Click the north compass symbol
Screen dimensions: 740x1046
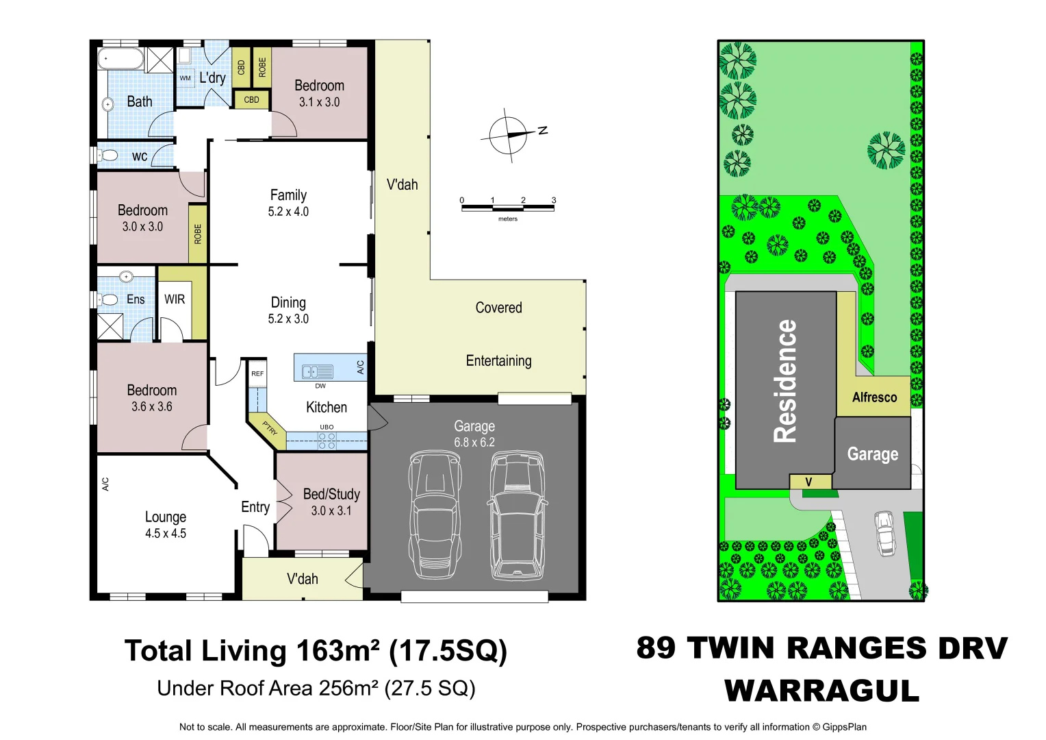pyautogui.click(x=508, y=135)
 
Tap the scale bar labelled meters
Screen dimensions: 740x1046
pyautogui.click(x=507, y=208)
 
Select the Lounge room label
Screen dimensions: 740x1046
pyautogui.click(x=166, y=517)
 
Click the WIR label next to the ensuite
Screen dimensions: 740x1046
pyautogui.click(x=175, y=299)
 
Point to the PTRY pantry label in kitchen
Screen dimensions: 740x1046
pyautogui.click(x=270, y=429)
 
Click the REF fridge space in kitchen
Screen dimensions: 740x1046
pyautogui.click(x=257, y=373)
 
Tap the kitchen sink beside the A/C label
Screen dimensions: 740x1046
pyautogui.click(x=318, y=372)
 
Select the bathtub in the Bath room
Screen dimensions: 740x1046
pyautogui.click(x=120, y=59)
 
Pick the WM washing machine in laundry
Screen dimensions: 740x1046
pyautogui.click(x=186, y=78)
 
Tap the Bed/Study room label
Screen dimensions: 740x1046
pyautogui.click(x=331, y=494)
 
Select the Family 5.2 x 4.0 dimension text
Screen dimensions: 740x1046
pyautogui.click(x=288, y=212)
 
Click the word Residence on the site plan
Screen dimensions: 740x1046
pyautogui.click(x=786, y=381)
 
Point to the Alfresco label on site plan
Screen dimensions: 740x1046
pyautogui.click(x=874, y=397)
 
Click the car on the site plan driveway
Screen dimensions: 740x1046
pyautogui.click(x=885, y=533)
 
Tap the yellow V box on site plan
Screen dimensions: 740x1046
pyautogui.click(x=809, y=482)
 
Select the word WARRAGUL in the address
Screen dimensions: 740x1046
pyautogui.click(x=821, y=691)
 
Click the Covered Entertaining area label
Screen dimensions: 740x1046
pyautogui.click(x=498, y=334)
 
